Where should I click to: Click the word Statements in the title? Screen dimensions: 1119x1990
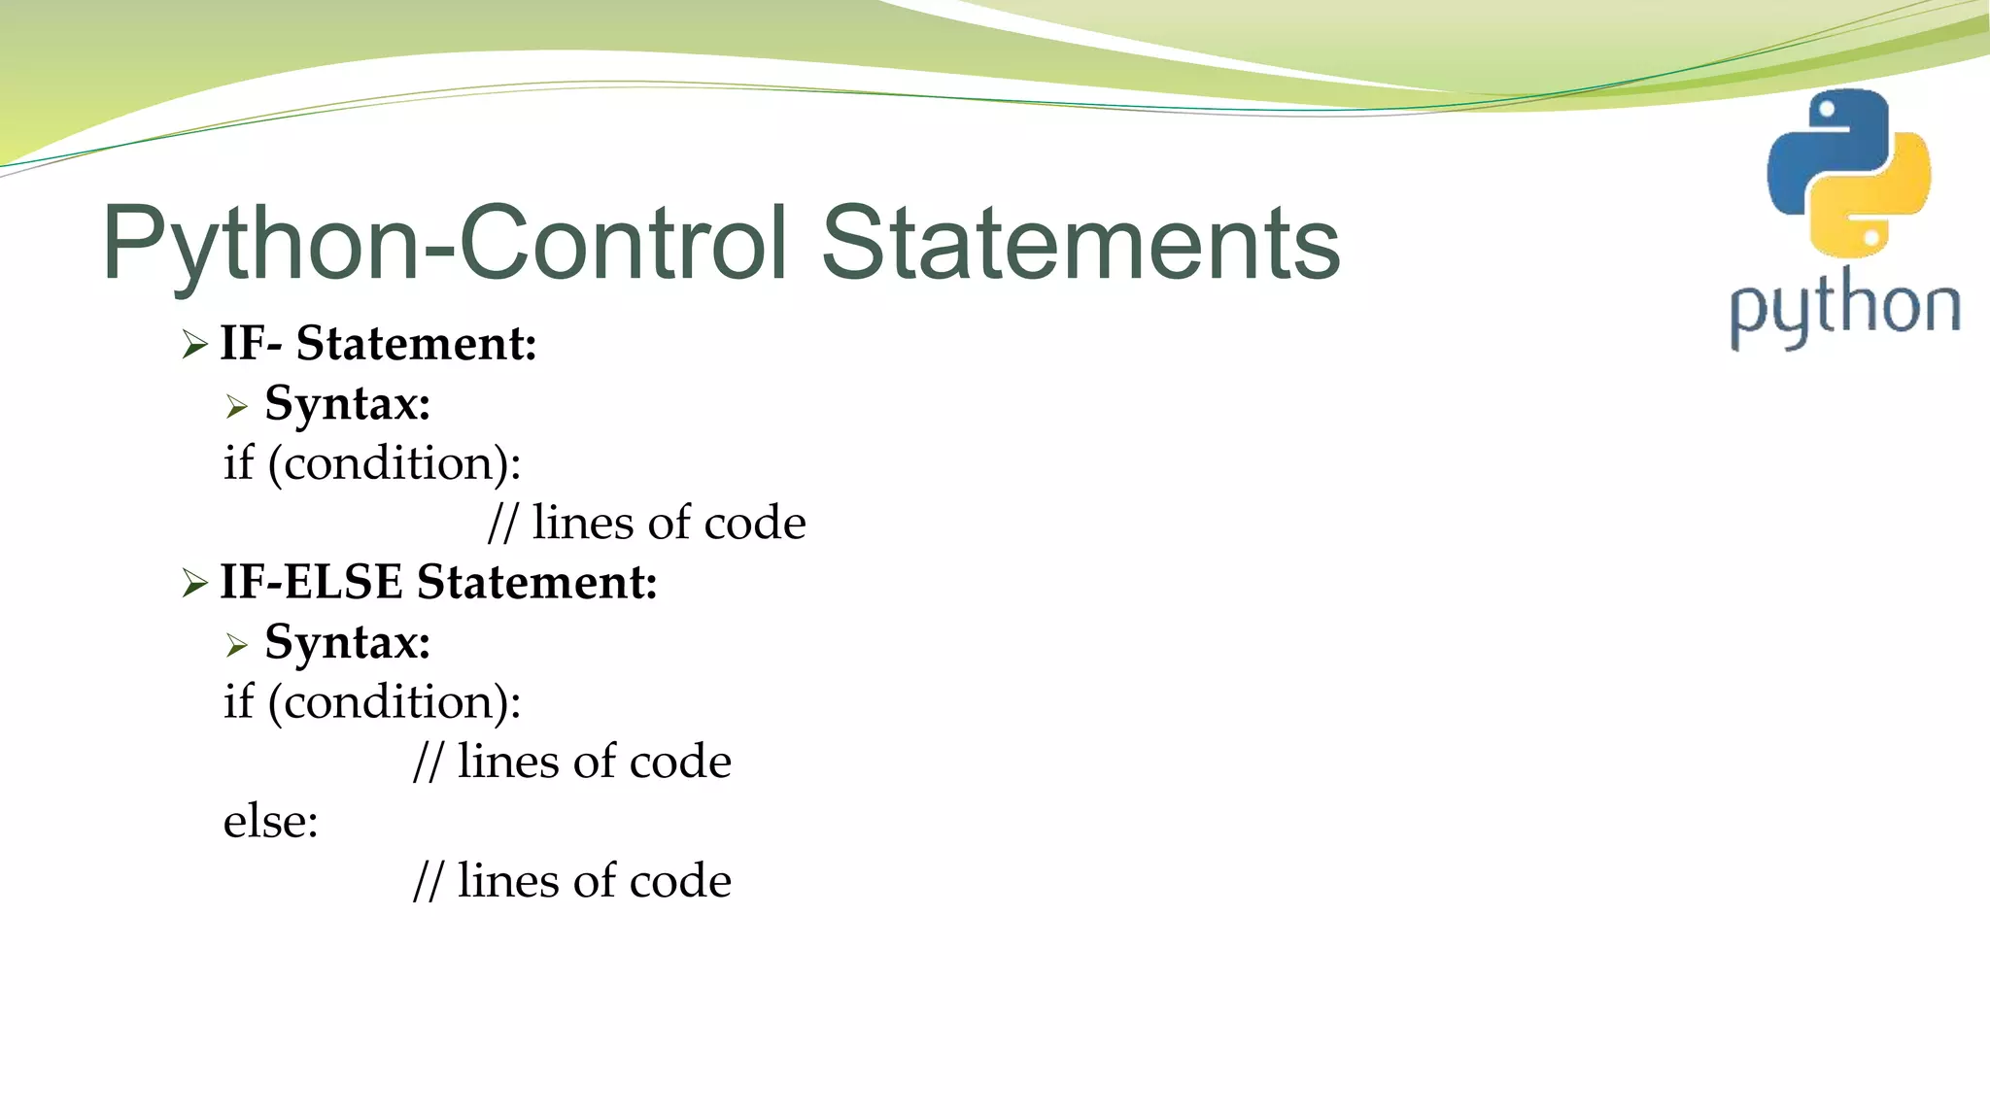click(1081, 243)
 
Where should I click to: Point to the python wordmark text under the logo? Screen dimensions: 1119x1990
click(1844, 309)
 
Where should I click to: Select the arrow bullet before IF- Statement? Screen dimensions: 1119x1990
click(194, 345)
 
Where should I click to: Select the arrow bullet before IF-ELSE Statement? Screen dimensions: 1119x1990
click(194, 583)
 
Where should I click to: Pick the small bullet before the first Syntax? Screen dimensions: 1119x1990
click(237, 406)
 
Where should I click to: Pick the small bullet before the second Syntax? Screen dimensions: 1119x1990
click(237, 645)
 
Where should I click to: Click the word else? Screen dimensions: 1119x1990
click(271, 821)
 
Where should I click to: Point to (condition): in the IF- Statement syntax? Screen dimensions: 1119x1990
click(395, 464)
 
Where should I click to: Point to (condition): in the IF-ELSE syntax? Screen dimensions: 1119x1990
click(395, 702)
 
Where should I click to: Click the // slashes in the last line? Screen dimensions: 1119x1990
click(428, 881)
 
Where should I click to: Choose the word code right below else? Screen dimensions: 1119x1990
click(680, 881)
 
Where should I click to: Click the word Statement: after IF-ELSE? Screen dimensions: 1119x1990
click(537, 582)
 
